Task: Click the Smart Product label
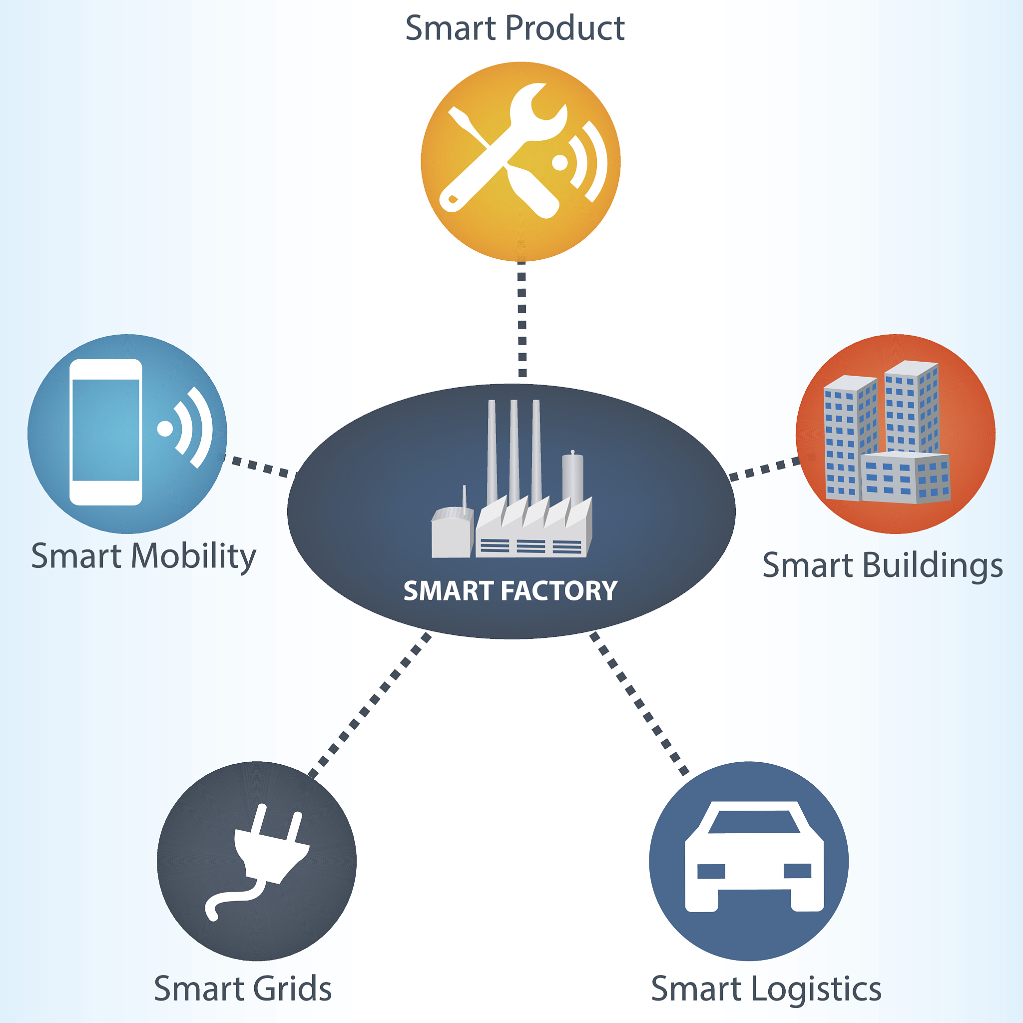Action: [514, 28]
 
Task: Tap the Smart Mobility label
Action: [143, 556]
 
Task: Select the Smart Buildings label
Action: [883, 565]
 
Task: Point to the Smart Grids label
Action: [242, 988]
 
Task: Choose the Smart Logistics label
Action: [766, 988]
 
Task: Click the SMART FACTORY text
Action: [511, 591]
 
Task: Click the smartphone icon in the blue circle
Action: [106, 432]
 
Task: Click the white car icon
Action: [754, 858]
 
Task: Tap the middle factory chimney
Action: [513, 450]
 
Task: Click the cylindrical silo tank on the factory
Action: [572, 477]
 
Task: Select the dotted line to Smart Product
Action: [522, 318]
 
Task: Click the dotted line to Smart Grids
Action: [371, 704]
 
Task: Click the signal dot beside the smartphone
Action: [165, 429]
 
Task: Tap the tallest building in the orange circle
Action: [911, 408]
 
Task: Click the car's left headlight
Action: [711, 871]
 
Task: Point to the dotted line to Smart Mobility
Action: [259, 466]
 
